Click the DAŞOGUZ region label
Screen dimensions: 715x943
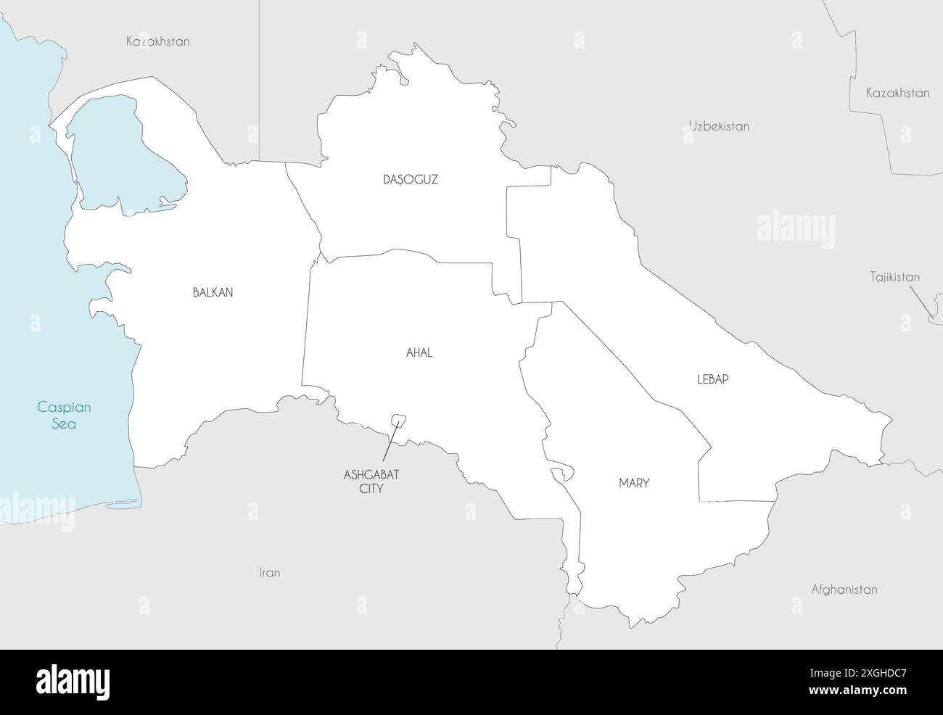coord(411,179)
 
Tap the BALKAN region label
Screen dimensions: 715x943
coord(213,293)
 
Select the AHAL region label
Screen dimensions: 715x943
coord(419,353)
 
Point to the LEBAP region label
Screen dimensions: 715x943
coord(712,379)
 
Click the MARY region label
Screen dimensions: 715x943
coord(634,483)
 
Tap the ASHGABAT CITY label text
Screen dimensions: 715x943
coord(371,482)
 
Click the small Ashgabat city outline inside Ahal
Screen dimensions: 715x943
coord(398,420)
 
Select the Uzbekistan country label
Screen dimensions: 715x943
coord(719,126)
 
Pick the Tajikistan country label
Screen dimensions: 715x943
coord(894,277)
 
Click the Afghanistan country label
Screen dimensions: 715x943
coord(844,590)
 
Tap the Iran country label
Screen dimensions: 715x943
coord(269,573)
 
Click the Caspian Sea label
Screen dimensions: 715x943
coord(64,416)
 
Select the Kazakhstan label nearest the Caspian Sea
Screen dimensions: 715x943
coord(157,41)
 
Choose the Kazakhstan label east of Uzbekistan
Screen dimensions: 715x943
coord(897,93)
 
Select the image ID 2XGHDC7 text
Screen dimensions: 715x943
coord(858,673)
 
